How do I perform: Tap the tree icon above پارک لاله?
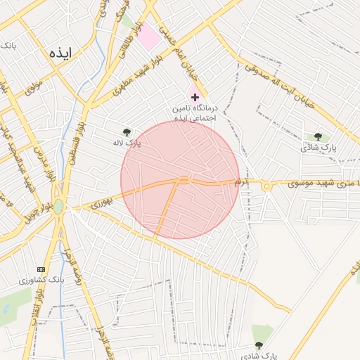coord(127,131)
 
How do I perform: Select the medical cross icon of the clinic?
coord(195,96)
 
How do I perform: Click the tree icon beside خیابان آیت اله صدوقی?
coord(318,137)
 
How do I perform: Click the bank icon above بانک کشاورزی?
coord(40,269)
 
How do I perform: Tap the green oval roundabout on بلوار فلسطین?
coord(58,207)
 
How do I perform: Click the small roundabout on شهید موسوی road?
coord(266,186)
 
